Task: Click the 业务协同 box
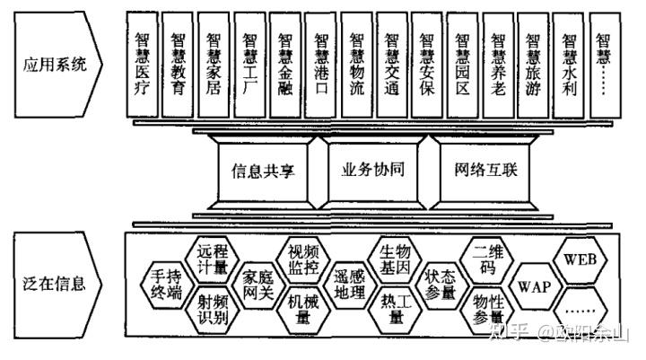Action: pyautogui.click(x=368, y=170)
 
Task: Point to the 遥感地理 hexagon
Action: pyautogui.click(x=348, y=284)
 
